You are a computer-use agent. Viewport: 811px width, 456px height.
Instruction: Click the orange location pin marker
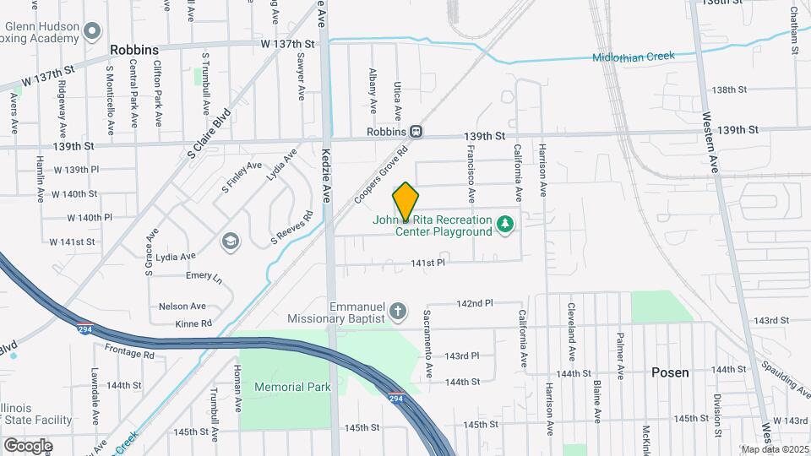tap(405, 201)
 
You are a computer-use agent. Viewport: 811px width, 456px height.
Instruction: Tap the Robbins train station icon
tap(416, 132)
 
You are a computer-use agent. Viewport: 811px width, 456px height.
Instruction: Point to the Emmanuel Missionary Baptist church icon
tap(399, 312)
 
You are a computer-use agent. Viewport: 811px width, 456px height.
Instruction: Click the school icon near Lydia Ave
tap(229, 242)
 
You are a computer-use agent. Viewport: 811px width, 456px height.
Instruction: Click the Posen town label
tap(670, 372)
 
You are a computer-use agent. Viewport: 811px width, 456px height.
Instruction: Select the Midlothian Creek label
tap(634, 57)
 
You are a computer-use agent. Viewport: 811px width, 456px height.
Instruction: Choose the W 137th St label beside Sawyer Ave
tap(287, 43)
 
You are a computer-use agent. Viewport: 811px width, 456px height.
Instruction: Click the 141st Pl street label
tap(427, 263)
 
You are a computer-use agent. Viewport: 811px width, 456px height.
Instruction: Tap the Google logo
tap(28, 445)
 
